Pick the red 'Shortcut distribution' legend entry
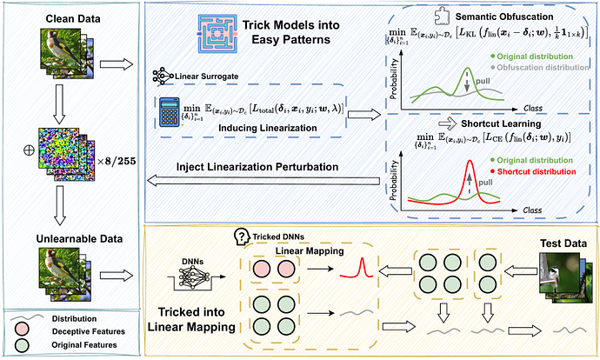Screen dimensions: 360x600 532,170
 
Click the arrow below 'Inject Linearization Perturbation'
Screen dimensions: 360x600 262,180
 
